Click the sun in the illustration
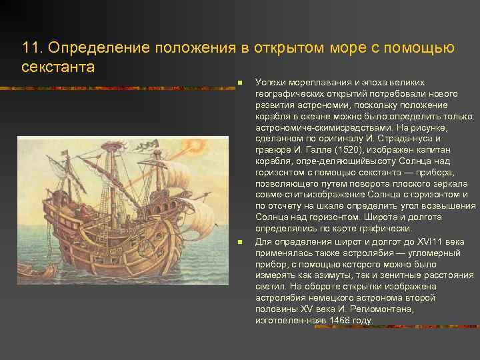198,143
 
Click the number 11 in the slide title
31,48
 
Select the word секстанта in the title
58,67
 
